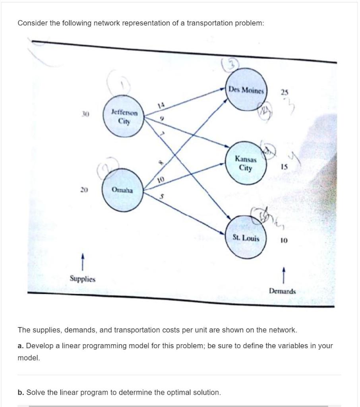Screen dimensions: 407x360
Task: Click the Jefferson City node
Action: click(124, 117)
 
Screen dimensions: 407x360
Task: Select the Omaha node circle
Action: click(122, 190)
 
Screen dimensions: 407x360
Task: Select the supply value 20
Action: click(83, 190)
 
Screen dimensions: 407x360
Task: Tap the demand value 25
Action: click(284, 92)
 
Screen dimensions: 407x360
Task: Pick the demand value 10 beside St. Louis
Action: click(283, 240)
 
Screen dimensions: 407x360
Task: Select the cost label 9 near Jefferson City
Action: click(162, 118)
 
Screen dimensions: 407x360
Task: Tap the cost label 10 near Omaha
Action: click(160, 180)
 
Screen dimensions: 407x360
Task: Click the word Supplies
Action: click(83, 279)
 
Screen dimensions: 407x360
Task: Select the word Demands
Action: click(282, 291)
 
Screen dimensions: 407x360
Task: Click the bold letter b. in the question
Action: click(21, 393)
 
